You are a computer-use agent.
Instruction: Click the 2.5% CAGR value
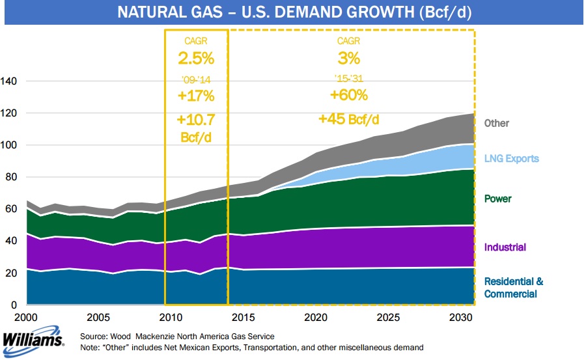tap(196, 59)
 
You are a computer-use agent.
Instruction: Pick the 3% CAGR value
tap(349, 59)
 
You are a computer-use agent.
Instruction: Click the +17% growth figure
tap(196, 96)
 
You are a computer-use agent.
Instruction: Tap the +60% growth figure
tap(349, 95)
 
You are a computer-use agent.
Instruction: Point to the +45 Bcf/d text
tap(348, 119)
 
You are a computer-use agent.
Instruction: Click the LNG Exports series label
tap(512, 159)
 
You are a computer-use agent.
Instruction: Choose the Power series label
tap(497, 199)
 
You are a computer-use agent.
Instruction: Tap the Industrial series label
tap(505, 247)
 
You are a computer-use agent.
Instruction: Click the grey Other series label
tap(497, 123)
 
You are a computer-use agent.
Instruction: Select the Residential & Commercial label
tap(514, 288)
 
